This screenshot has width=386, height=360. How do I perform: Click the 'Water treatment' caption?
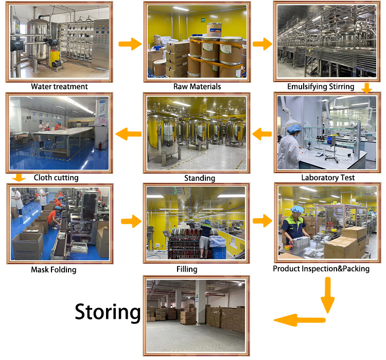[59, 86]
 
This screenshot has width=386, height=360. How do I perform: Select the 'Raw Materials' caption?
[197, 86]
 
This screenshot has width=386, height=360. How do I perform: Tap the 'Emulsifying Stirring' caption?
[321, 86]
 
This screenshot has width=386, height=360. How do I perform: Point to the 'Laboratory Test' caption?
[328, 178]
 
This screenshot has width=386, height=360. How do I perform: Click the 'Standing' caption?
[199, 178]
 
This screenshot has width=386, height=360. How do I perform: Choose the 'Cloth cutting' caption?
[56, 178]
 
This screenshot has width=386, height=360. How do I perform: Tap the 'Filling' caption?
[186, 268]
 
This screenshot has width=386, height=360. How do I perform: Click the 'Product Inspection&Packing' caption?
[321, 268]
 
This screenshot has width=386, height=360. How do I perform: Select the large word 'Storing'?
[108, 312]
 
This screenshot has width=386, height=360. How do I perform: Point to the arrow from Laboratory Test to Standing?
[263, 135]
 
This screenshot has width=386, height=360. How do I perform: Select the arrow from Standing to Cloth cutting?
[128, 135]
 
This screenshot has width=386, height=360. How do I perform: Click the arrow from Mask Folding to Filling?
[130, 222]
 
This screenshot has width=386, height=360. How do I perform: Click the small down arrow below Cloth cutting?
[19, 178]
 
